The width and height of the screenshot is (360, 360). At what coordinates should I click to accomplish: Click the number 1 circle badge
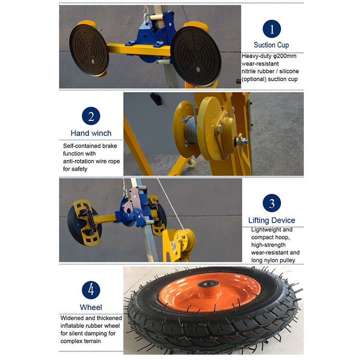272,29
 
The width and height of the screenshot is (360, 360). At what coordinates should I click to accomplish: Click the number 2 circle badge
91,117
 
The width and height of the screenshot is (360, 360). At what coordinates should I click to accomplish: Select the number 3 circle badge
272,204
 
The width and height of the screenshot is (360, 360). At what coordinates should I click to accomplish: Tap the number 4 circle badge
91,290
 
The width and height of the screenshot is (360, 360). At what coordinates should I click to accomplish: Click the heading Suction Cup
271,45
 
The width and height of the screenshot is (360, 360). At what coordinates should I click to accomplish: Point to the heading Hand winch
91,133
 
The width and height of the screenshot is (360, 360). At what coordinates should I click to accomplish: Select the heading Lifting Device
272,220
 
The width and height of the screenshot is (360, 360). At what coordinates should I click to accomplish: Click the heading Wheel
91,307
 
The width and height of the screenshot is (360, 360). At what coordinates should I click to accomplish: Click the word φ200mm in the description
284,56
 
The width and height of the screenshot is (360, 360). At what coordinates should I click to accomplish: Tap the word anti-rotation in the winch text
82,161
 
